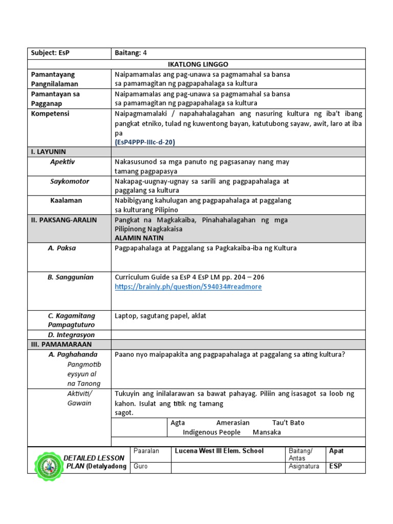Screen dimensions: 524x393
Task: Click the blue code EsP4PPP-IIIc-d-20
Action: click(148, 142)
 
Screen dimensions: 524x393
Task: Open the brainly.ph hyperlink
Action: click(188, 287)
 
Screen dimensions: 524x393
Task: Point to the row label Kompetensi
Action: click(50, 114)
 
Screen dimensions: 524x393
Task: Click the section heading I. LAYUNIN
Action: click(48, 152)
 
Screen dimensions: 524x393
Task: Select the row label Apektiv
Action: click(62, 162)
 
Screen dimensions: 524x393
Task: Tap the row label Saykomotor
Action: click(70, 181)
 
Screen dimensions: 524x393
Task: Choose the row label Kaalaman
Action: click(66, 201)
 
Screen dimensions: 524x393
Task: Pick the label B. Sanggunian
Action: click(71, 277)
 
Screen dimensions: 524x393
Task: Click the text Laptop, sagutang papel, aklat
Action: click(161, 316)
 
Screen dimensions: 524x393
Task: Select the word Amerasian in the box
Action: click(233, 423)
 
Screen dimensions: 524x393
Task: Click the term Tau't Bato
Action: click(288, 423)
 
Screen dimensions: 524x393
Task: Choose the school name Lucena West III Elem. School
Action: click(220, 451)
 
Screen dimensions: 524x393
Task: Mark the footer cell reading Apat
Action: click(336, 451)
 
